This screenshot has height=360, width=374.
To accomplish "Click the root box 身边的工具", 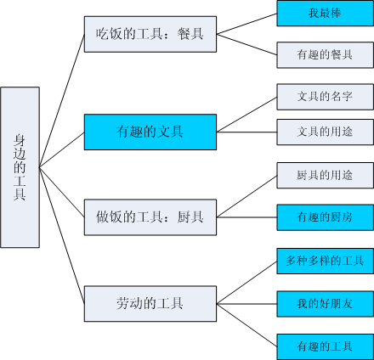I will pos(20,166).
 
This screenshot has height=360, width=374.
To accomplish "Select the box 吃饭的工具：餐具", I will pos(150,35).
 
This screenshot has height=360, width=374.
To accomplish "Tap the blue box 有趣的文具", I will pos(150,132).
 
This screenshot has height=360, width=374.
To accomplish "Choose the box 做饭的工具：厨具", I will pos(150,217).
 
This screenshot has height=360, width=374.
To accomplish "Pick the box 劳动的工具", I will pos(150,301).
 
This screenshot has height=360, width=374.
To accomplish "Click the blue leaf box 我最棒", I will pos(325,14).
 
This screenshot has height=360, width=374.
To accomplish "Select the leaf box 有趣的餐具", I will pos(325,54).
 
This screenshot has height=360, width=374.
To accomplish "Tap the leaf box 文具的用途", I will pos(325,132).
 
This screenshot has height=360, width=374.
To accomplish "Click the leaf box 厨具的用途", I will pos(325,175).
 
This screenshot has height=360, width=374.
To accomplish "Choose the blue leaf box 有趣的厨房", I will pos(325,217).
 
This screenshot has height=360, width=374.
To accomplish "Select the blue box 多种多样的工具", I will pos(325,260).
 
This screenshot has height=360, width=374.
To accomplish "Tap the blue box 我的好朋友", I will pos(325,301).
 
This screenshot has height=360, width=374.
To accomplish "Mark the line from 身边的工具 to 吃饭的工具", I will pos(62,100).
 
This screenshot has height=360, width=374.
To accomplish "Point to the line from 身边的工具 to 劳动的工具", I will pos(62,234).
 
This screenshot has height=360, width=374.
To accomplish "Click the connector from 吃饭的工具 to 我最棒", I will pos(246,25).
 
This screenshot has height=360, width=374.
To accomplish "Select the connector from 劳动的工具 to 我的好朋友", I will pos(246,301).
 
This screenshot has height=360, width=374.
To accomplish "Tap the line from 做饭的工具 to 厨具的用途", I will pos(246,196).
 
